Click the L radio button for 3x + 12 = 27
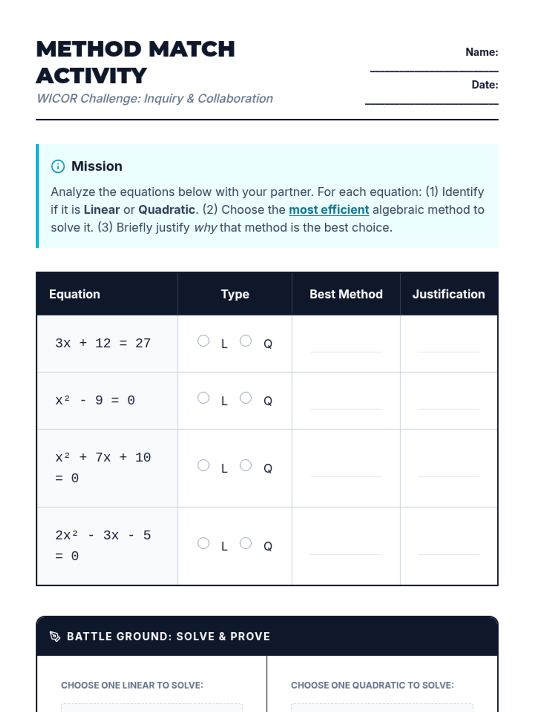tap(203, 341)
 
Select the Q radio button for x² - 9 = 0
tap(246, 398)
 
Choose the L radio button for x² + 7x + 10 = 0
tap(203, 465)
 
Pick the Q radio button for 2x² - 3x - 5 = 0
tap(246, 543)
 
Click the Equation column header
tap(75, 294)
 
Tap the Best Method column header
tap(346, 294)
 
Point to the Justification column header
tap(448, 294)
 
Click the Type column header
tap(235, 294)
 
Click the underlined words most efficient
tap(329, 210)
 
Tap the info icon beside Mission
tap(58, 166)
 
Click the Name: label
tap(481, 52)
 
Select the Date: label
tap(485, 85)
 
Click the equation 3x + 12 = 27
tap(103, 343)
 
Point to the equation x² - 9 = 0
tap(95, 400)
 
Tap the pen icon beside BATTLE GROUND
tap(55, 636)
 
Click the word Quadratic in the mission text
tap(167, 210)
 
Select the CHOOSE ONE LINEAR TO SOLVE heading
tap(132, 685)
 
